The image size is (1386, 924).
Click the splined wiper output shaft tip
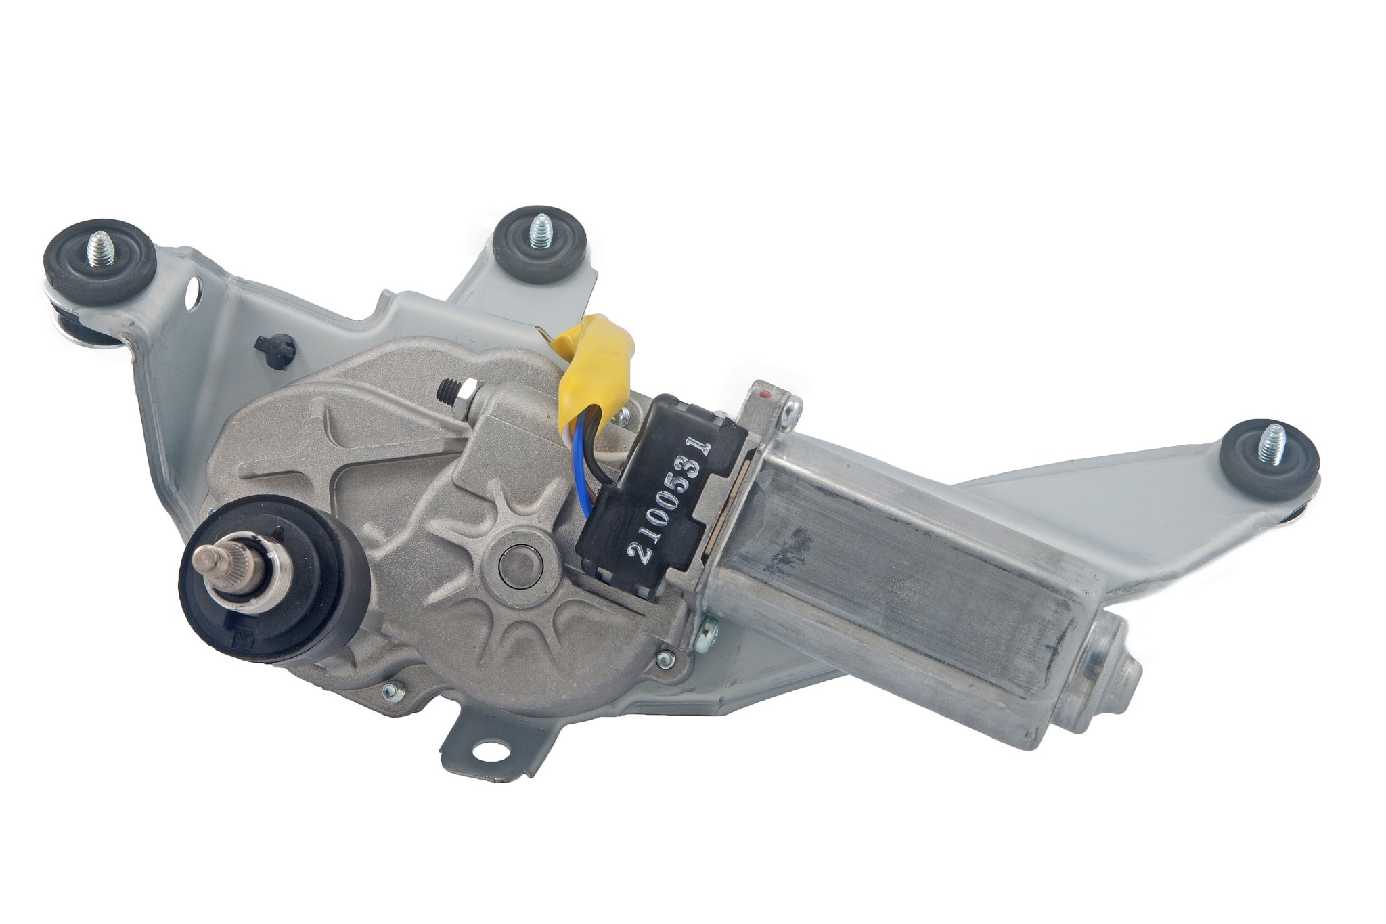coord(204,558)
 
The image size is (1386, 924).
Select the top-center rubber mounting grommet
coord(538,244)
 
